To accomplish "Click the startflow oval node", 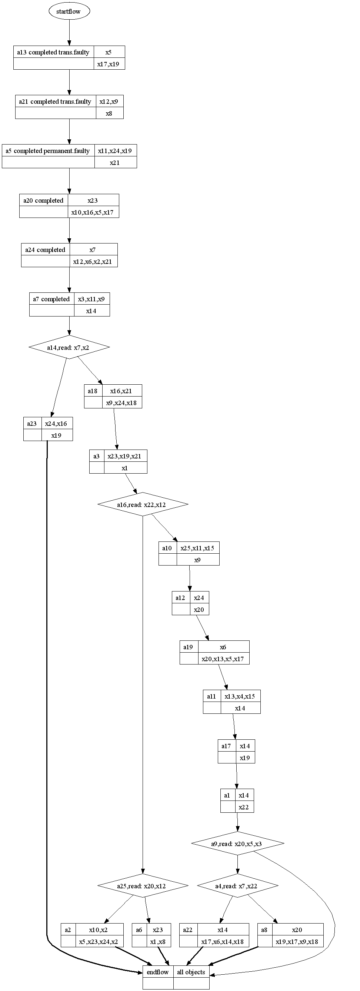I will [x=69, y=11].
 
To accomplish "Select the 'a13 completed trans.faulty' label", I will [x=53, y=52].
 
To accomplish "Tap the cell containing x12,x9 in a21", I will [x=109, y=102].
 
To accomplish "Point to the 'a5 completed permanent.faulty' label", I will [x=48, y=151].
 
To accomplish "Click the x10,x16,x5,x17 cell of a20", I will [x=93, y=212].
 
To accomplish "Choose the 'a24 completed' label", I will [x=46, y=250].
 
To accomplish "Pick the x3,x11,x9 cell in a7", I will [x=91, y=299].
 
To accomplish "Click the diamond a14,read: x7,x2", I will [x=69, y=347].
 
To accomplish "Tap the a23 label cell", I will [x=32, y=424].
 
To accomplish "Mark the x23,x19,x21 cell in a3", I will [x=124, y=456].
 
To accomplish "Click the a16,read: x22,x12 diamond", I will [x=142, y=504].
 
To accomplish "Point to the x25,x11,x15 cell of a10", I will [x=198, y=548].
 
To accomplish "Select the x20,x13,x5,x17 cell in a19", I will [x=223, y=659].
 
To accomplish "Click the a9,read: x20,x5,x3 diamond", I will [x=237, y=843].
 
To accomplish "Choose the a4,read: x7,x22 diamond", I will [x=237, y=886].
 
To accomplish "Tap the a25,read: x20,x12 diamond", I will [x=142, y=886].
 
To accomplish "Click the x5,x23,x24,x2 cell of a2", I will [x=99, y=942].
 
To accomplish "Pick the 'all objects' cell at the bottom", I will [x=191, y=972].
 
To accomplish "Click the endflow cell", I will [x=158, y=972].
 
